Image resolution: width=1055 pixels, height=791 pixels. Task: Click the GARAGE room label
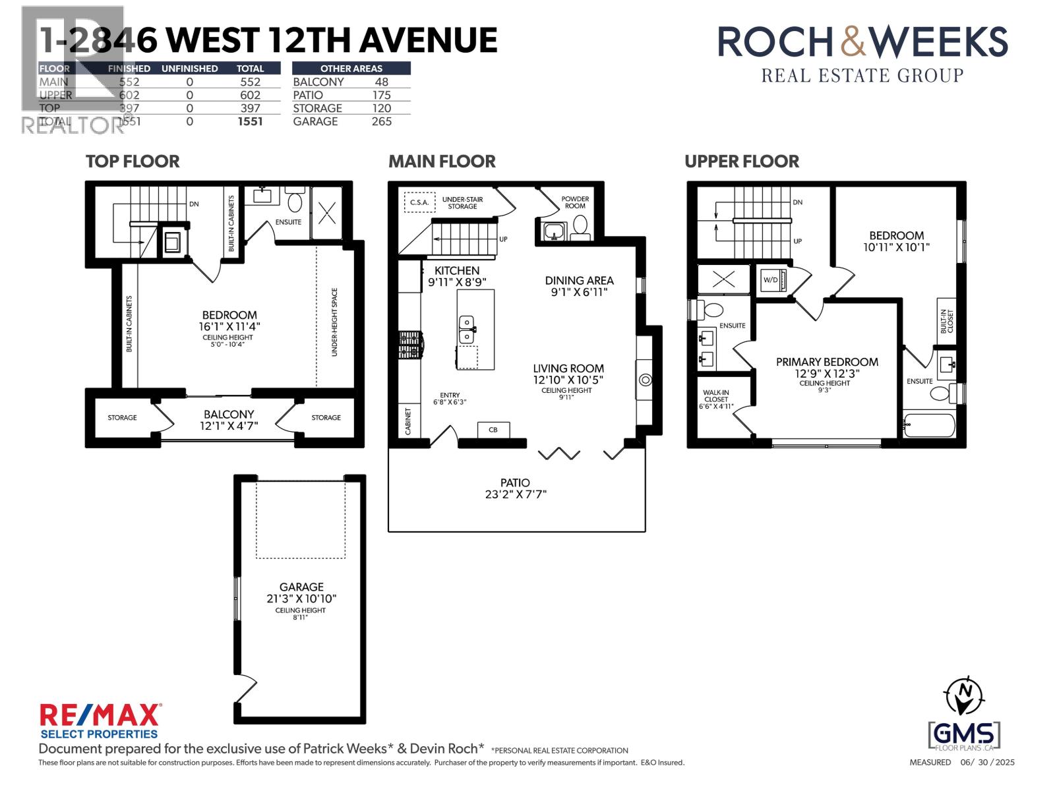pos(301,587)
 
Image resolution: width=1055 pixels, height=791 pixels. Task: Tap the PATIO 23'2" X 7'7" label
pos(515,488)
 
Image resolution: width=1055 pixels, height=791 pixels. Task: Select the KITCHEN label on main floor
pos(457,271)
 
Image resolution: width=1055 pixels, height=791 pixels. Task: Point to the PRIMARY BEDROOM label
pos(827,362)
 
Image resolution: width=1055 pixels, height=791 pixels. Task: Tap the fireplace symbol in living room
pos(646,380)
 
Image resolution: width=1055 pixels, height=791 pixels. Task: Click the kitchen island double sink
pos(467,329)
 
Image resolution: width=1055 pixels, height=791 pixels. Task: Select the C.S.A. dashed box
pos(419,202)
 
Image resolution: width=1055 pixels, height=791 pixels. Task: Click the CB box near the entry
pos(493,430)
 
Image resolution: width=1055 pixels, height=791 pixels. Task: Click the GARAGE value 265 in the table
pos(381,121)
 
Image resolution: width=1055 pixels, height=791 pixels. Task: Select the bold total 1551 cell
pos(251,121)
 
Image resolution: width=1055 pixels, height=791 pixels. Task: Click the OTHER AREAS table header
pos(351,69)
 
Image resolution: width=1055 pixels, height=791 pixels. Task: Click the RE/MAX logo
pos(100,716)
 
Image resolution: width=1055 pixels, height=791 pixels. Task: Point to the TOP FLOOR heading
pos(133,161)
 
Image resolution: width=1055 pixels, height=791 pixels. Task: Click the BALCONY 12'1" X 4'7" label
pos(229,420)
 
